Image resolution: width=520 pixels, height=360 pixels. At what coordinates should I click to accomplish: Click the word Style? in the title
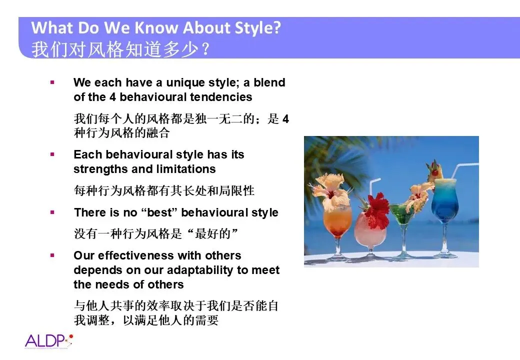(x=257, y=28)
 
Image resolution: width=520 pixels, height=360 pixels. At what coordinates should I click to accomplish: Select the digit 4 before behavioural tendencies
(x=113, y=97)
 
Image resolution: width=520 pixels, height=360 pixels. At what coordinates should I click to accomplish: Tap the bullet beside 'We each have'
(x=52, y=82)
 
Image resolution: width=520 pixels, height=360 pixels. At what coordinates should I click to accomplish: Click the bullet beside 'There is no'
(x=52, y=212)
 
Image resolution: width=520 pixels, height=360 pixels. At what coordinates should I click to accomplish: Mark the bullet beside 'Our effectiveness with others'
(x=52, y=255)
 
